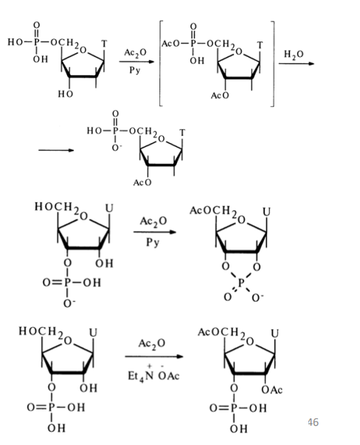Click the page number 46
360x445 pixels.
pos(313,422)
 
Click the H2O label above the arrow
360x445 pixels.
pos(294,54)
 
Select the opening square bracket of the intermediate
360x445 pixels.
pos(161,63)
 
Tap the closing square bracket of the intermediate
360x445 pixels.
pos(272,64)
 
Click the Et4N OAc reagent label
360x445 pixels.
pos(153,374)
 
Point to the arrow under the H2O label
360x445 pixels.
pos(297,63)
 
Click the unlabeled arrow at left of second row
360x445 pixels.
pos(56,150)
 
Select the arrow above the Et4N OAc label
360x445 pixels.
pos(154,356)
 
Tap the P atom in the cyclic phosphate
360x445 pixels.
pos(241,283)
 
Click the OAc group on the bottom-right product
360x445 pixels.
pos(271,390)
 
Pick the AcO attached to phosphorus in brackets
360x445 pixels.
pos(170,44)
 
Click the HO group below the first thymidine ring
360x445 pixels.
pos(66,94)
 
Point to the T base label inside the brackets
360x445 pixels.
pos(260,45)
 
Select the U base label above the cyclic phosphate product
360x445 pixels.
pos(266,212)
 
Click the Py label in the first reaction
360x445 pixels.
pos(135,70)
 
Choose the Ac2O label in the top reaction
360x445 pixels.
pos(135,53)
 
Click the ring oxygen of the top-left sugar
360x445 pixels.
pos(83,50)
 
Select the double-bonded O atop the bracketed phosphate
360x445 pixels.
pos(193,27)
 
